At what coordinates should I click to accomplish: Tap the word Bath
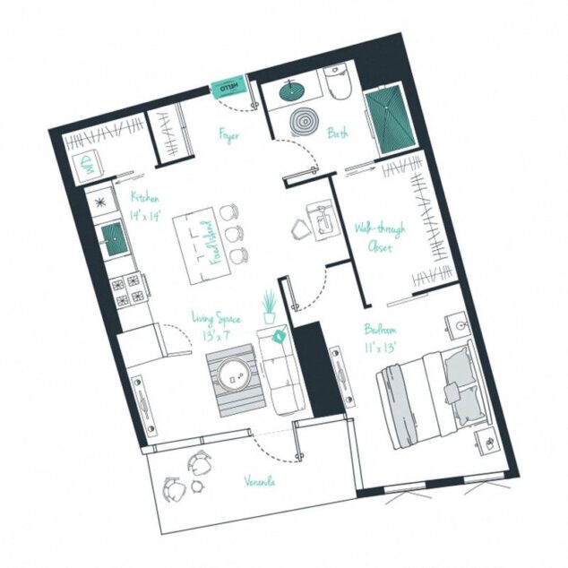[338, 133]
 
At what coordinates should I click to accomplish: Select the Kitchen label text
[144, 197]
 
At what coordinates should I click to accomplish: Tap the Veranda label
[259, 481]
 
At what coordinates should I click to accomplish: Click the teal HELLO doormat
[227, 88]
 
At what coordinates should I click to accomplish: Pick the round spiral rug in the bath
[304, 122]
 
